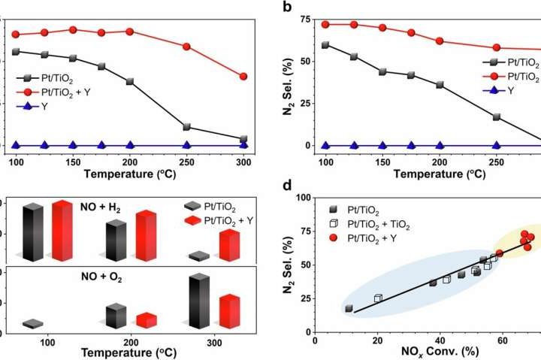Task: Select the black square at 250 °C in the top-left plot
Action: click(x=186, y=126)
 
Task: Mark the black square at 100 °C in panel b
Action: click(x=325, y=45)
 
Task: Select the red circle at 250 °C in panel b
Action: click(x=496, y=48)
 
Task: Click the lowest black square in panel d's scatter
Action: click(x=349, y=308)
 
